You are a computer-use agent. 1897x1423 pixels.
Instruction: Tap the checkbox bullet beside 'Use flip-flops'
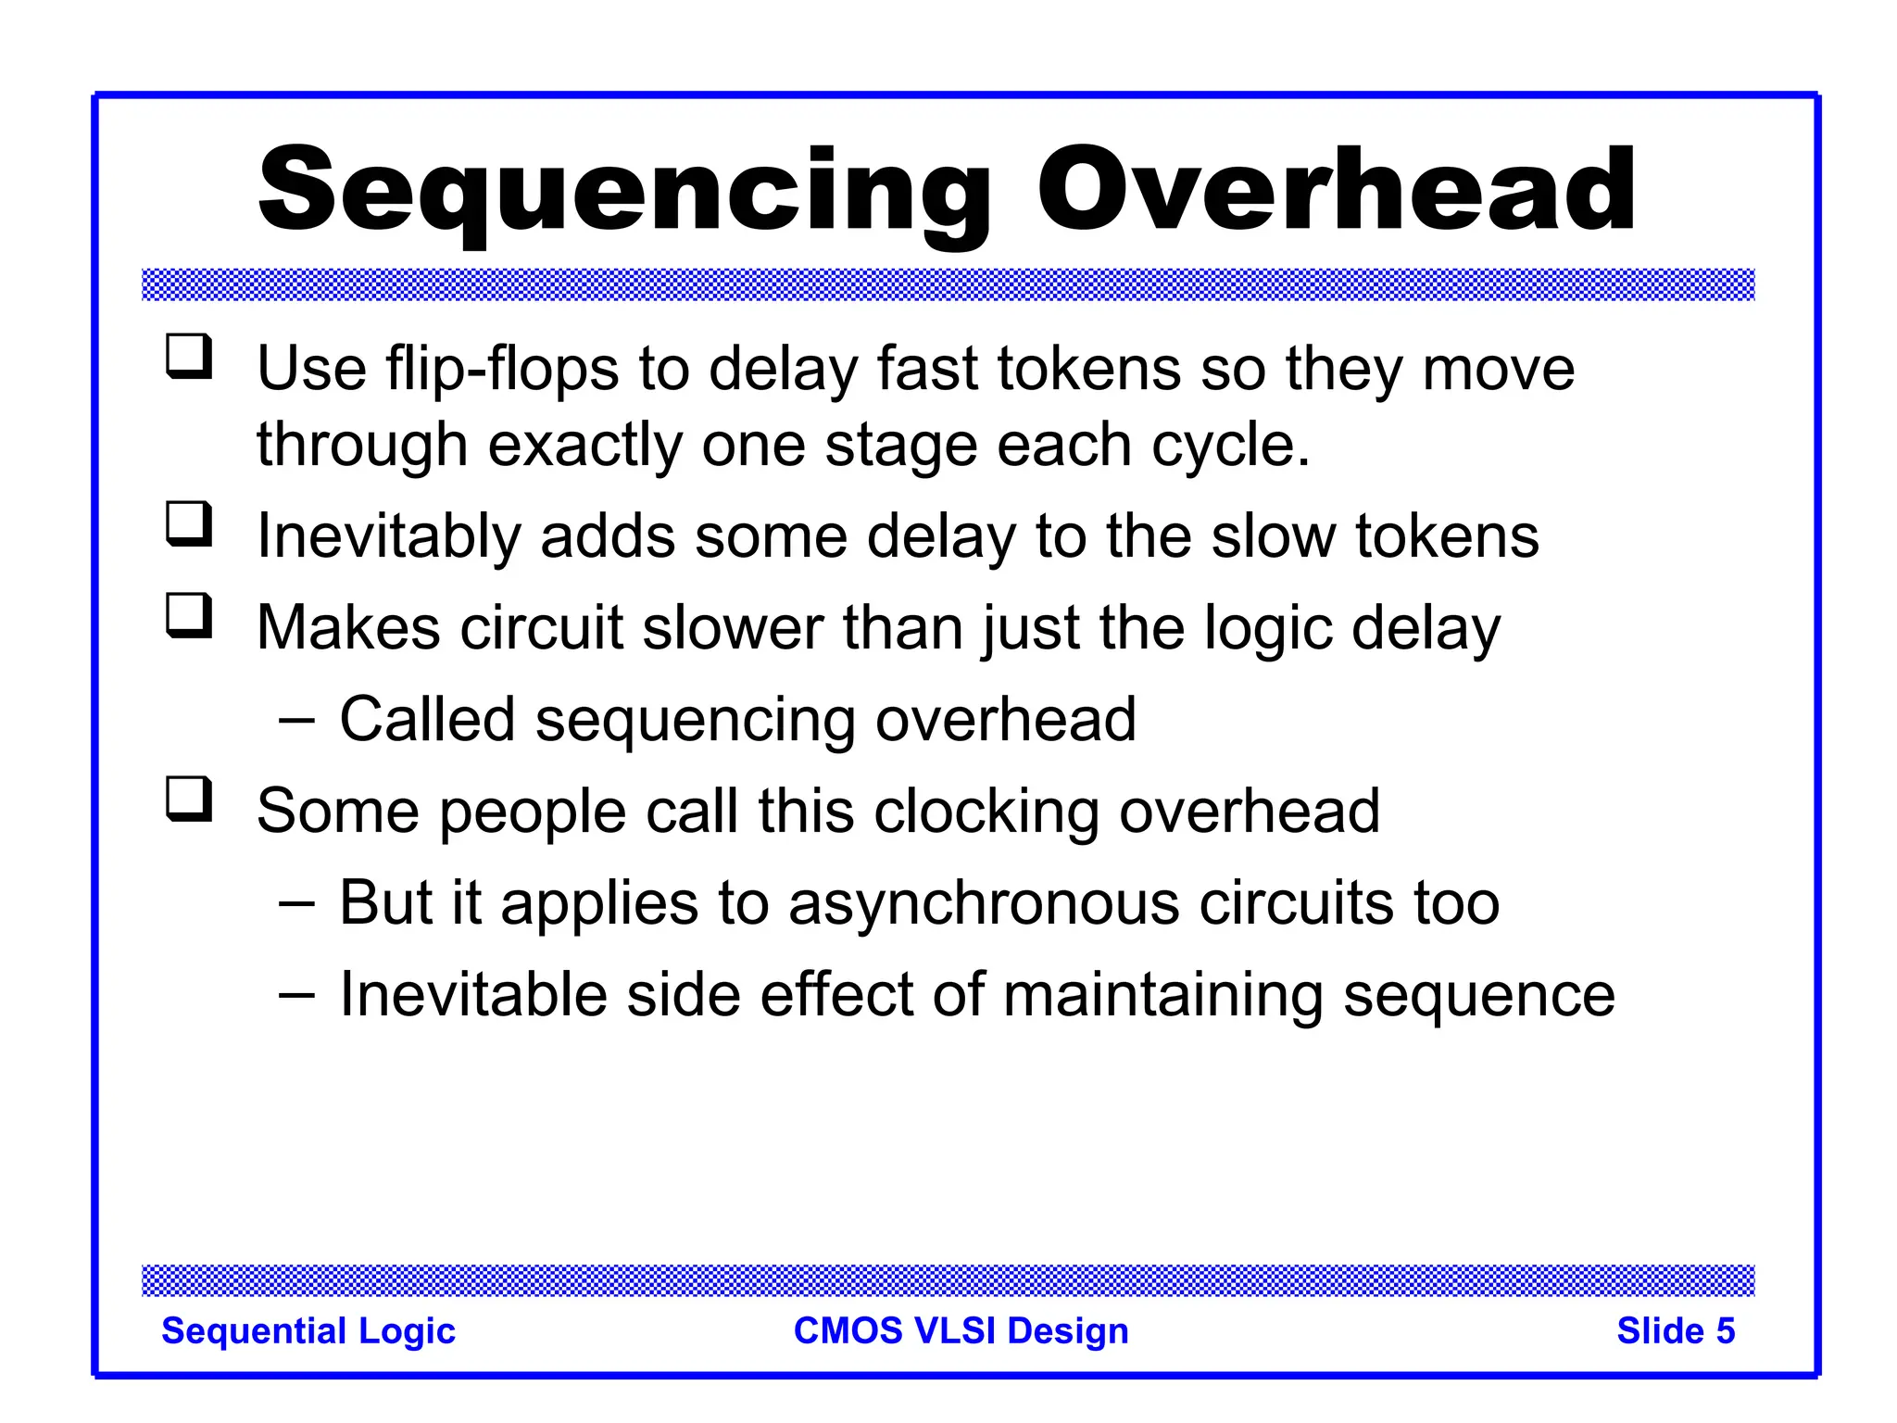coord(190,358)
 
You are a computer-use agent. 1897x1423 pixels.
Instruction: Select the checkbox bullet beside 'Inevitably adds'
coord(190,524)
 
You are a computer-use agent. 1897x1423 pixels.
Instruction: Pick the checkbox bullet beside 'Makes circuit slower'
coord(190,616)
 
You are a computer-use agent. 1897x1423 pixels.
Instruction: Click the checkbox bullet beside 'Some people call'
coord(190,800)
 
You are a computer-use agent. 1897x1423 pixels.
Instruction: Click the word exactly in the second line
coord(584,446)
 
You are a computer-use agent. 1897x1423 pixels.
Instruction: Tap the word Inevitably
coord(388,537)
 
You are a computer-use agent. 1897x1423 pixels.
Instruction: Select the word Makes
coord(347,628)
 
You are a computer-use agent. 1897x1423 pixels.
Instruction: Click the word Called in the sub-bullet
coord(427,720)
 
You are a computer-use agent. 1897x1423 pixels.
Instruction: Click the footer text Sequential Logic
coord(308,1331)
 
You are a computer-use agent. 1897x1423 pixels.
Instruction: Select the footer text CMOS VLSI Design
coord(961,1331)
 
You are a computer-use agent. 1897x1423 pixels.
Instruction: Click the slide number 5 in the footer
coord(1724,1331)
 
